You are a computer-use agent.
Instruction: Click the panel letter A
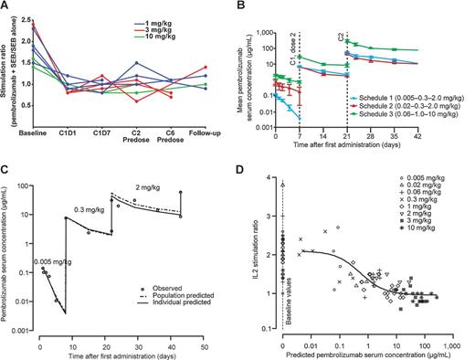click(x=5, y=6)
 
